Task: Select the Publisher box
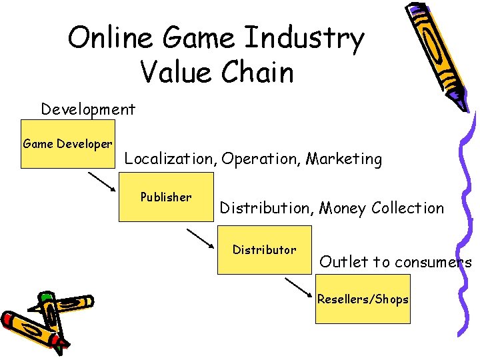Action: [166, 197]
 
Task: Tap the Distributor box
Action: [265, 249]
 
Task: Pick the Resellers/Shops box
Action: [363, 299]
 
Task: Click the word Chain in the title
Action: [257, 71]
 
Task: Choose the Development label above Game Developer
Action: [88, 109]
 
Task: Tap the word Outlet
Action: [345, 262]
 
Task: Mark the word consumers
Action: [433, 262]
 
